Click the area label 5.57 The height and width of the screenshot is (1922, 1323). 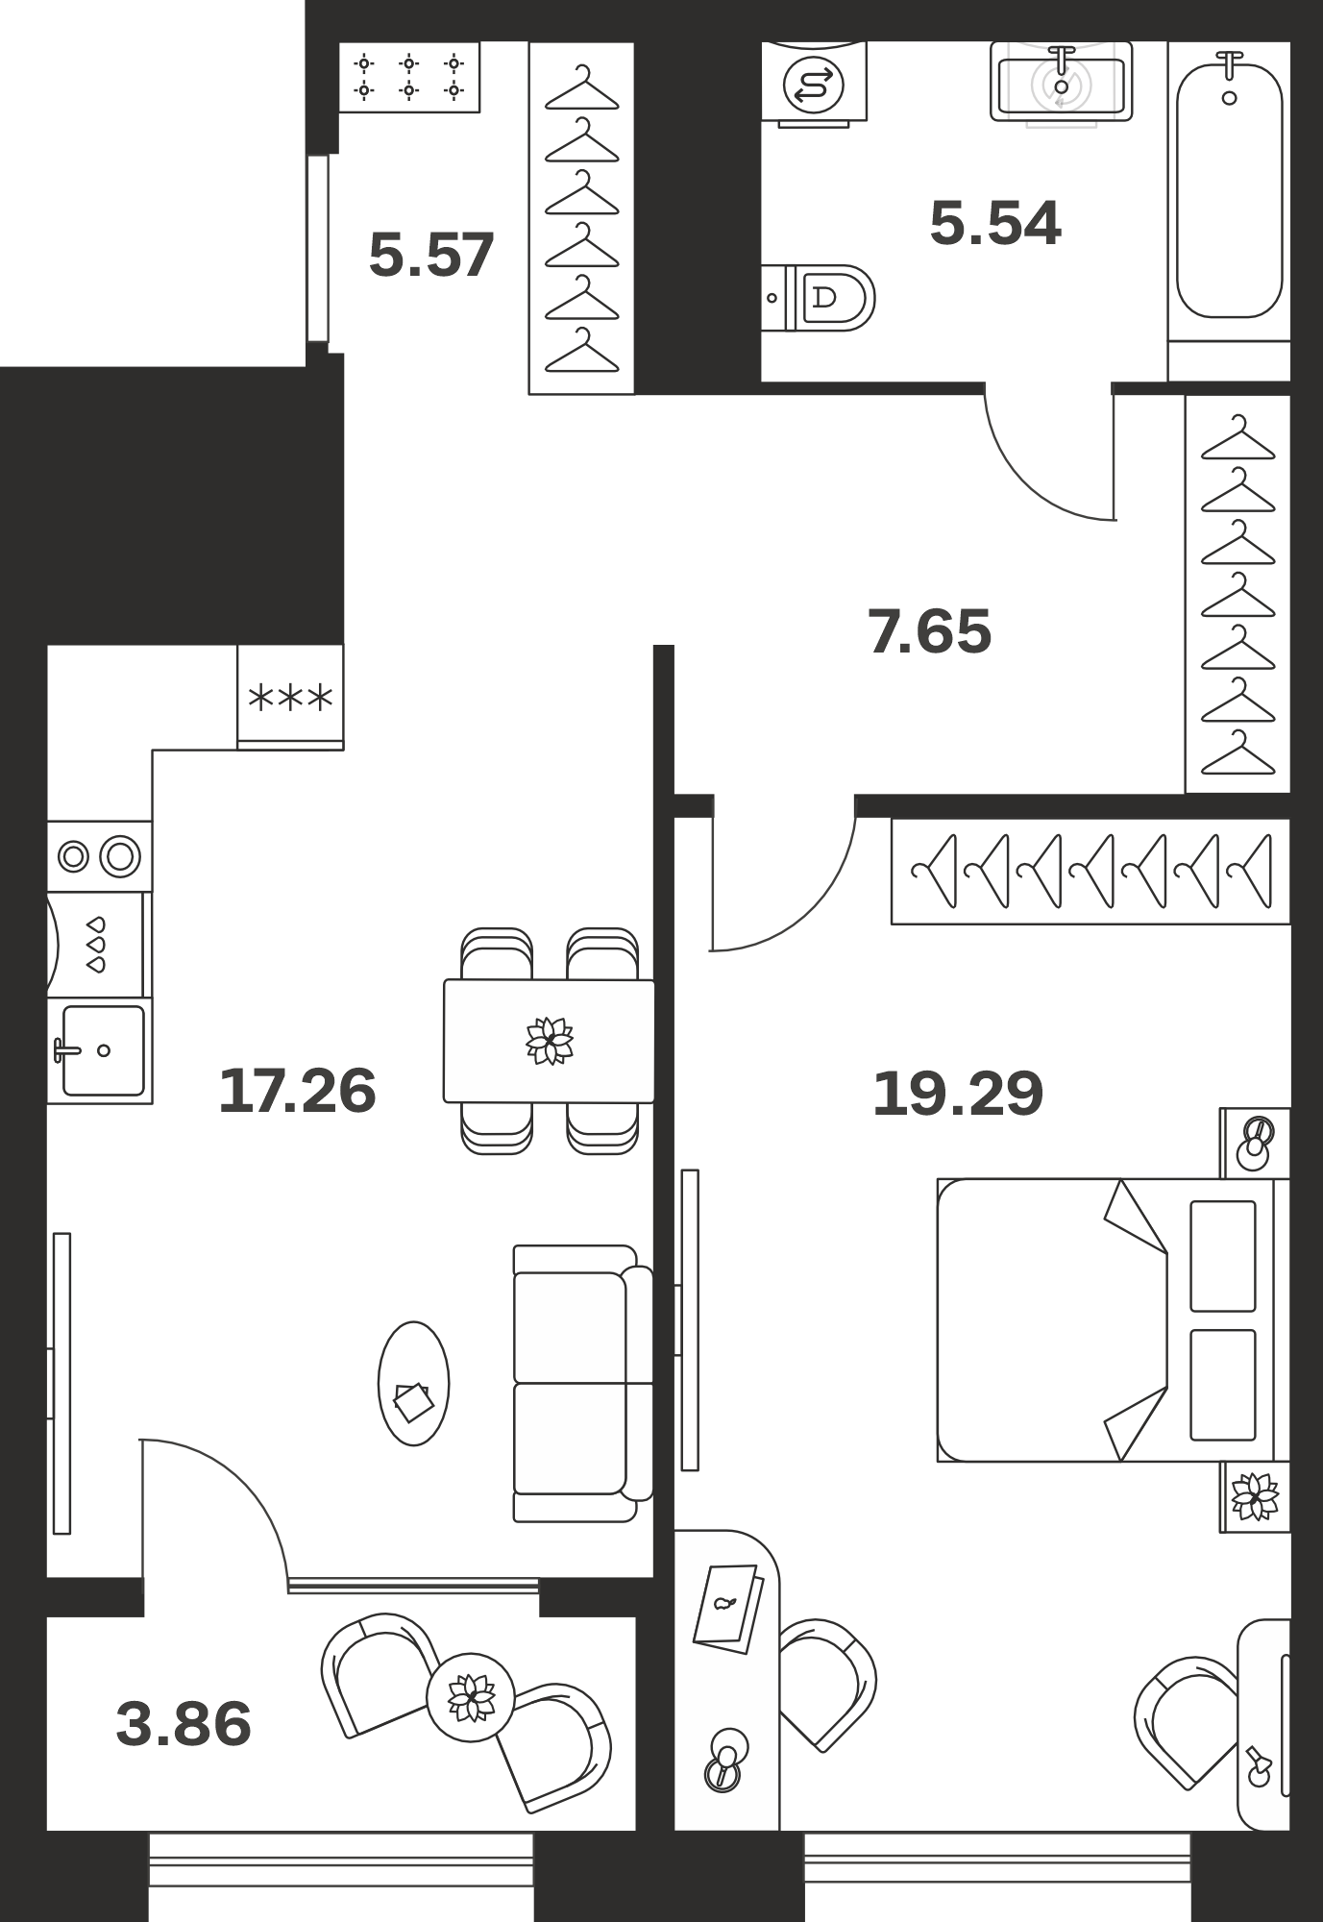click(x=431, y=255)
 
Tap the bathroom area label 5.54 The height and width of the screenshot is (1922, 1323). click(x=995, y=223)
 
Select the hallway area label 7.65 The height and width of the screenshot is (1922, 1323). click(x=929, y=631)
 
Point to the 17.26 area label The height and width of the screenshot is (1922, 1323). click(x=297, y=1091)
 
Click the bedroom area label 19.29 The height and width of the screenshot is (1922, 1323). click(x=958, y=1094)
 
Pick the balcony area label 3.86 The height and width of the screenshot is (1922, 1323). click(x=184, y=1723)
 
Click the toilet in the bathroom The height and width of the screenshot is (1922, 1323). click(x=819, y=298)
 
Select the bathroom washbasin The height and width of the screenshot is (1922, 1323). click(x=1061, y=83)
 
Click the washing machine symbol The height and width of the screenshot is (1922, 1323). click(x=814, y=85)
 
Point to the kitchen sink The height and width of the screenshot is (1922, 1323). click(x=100, y=1050)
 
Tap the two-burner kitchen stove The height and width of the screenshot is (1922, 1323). click(x=100, y=855)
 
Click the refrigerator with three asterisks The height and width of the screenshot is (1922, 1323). click(x=290, y=697)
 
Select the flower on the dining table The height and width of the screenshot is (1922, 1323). click(x=550, y=1041)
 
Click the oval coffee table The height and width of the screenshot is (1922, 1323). click(x=414, y=1384)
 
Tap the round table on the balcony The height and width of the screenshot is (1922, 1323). click(x=471, y=1697)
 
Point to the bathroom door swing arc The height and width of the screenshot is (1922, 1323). click(x=1030, y=482)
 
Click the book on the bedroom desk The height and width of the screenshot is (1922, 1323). click(x=728, y=1609)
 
